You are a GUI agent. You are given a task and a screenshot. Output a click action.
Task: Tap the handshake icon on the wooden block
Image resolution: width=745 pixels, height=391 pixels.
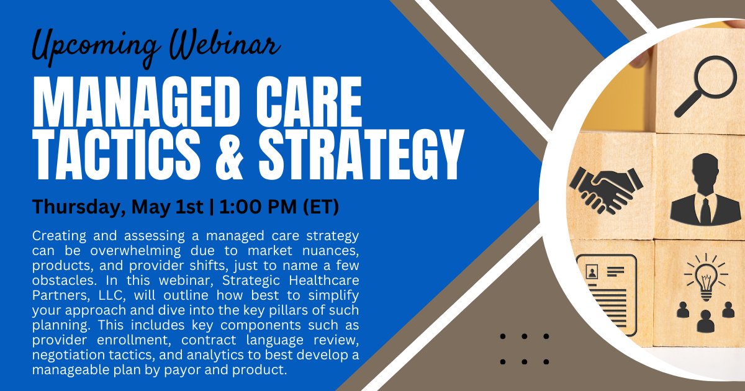(x=605, y=186)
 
